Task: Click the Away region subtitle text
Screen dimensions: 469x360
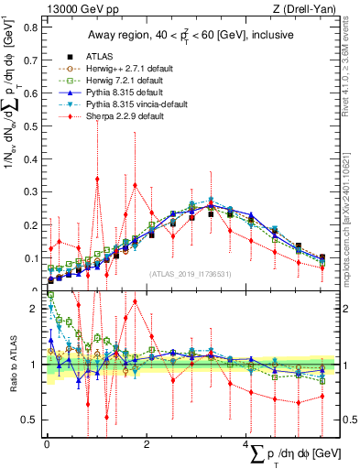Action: click(184, 35)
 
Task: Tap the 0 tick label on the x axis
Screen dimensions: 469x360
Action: click(46, 443)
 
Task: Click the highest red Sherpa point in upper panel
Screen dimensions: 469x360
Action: click(97, 179)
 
